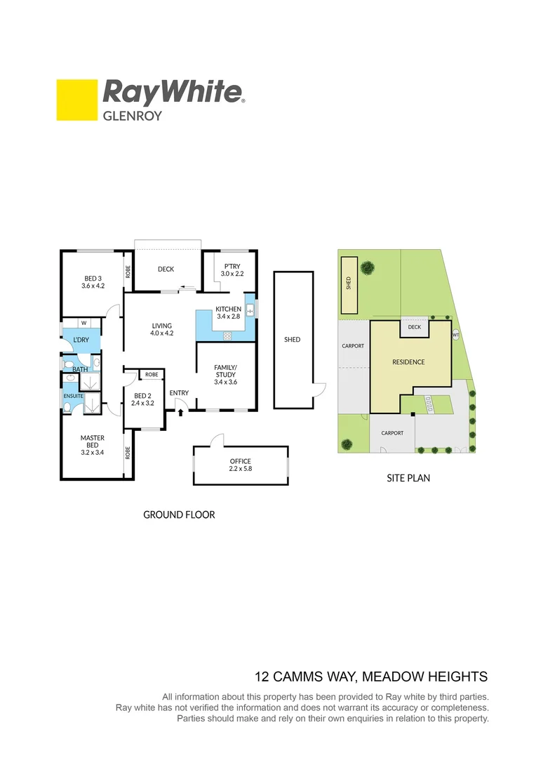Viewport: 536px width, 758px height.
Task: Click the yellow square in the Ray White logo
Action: click(76, 100)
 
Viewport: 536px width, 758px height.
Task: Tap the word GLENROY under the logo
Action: click(133, 115)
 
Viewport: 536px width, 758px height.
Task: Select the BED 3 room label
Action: click(92, 281)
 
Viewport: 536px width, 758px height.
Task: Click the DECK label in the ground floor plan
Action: click(166, 269)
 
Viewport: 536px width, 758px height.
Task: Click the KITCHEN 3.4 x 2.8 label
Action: click(229, 313)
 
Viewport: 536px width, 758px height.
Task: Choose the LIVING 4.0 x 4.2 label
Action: click(161, 329)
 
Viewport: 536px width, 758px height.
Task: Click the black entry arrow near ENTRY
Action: click(181, 412)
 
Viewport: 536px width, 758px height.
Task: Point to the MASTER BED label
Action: click(92, 442)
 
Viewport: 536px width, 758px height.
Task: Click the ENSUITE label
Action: click(74, 396)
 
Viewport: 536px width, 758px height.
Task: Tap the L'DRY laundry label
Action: click(81, 340)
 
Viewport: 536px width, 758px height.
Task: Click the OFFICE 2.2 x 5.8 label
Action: click(240, 465)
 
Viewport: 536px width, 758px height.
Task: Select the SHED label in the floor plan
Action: click(292, 340)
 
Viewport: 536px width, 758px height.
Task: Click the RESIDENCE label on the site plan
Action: click(408, 362)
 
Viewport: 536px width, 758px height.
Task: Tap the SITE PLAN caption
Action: click(408, 478)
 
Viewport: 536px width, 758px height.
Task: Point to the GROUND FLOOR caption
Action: click(179, 514)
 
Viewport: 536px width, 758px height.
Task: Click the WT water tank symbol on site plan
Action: click(456, 335)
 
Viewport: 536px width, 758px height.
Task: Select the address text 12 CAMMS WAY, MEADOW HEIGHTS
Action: click(370, 677)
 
